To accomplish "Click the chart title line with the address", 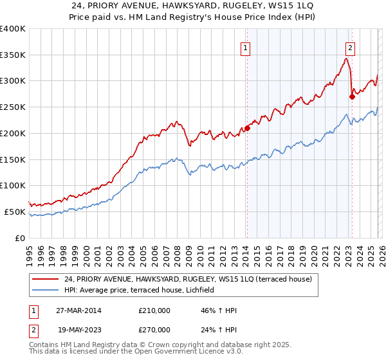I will [x=192, y=6].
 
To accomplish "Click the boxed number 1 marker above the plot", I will [x=246, y=47].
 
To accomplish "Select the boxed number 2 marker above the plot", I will [x=351, y=47].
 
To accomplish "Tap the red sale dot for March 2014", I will [x=247, y=128].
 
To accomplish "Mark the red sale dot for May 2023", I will [x=352, y=96].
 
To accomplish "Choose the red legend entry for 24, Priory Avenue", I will [x=188, y=279].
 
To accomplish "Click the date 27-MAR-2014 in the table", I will [x=78, y=310].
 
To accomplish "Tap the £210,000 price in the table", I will [x=154, y=310].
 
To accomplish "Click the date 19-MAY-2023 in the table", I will [x=78, y=329].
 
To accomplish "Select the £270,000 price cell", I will [x=154, y=329].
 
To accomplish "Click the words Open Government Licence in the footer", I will [x=186, y=353].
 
